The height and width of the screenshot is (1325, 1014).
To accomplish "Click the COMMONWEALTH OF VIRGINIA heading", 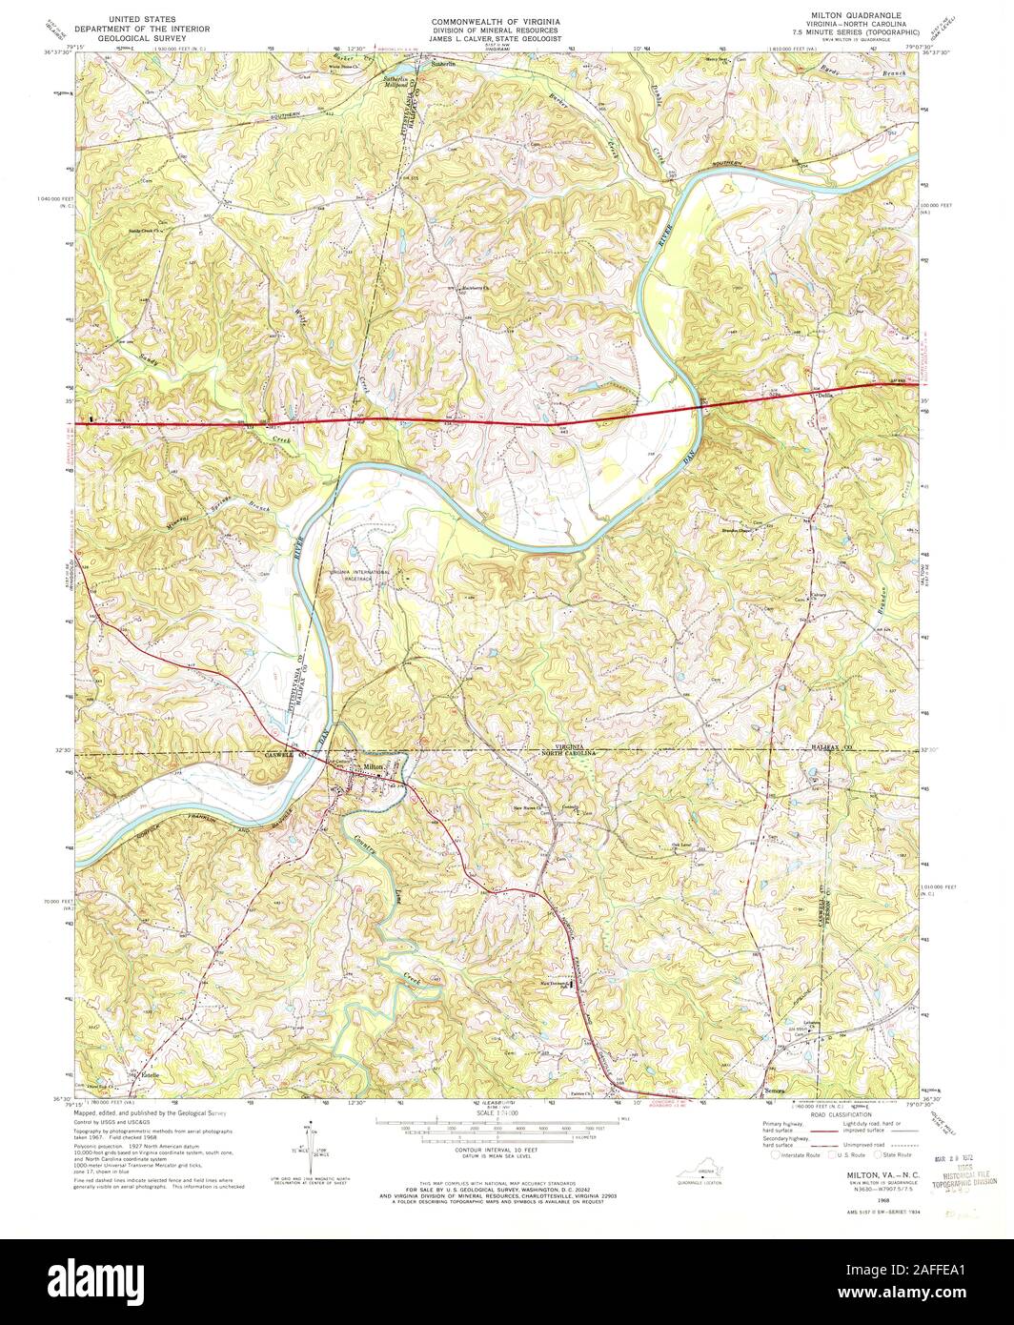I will pyautogui.click(x=495, y=20).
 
